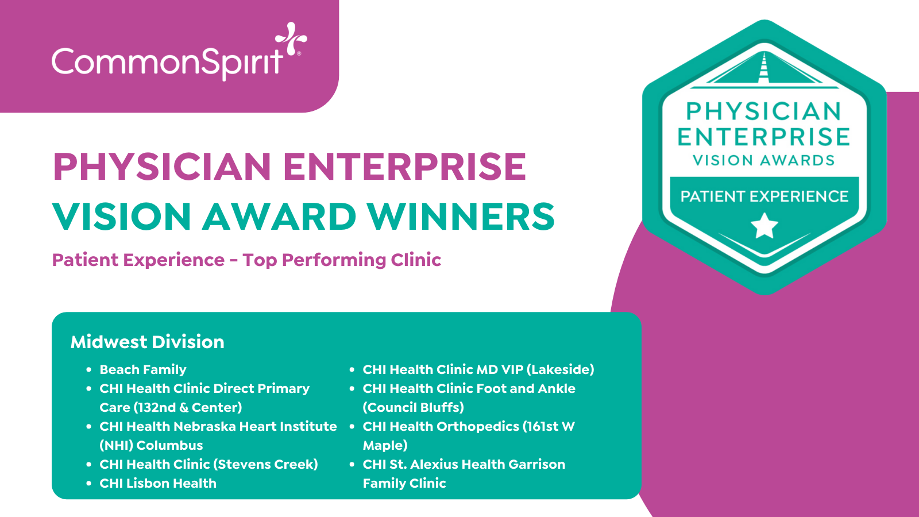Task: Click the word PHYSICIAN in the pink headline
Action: point(161,167)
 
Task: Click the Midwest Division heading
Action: point(147,342)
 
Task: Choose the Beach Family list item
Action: point(143,369)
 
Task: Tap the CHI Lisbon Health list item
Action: point(158,483)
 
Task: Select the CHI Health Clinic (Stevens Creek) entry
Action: point(208,464)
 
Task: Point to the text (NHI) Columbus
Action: point(151,445)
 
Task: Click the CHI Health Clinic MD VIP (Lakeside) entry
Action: point(478,369)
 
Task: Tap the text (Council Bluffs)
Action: point(413,407)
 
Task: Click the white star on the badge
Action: point(764,225)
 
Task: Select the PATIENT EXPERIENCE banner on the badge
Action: point(764,196)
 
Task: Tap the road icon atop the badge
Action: point(764,70)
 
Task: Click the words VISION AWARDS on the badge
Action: point(764,160)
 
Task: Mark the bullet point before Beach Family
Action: point(88,370)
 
